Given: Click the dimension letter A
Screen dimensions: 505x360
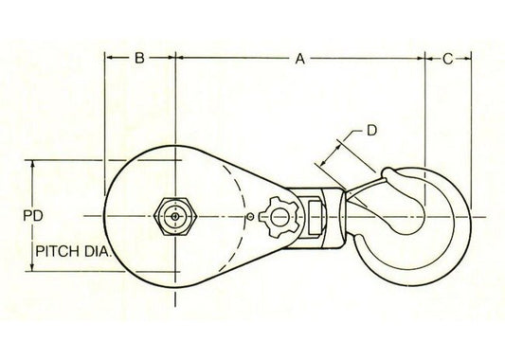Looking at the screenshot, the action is click(x=299, y=59).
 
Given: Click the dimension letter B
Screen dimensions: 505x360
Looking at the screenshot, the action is click(x=139, y=59).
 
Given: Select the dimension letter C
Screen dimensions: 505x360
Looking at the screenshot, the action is click(x=447, y=60).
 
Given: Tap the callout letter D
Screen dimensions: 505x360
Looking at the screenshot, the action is click(x=371, y=131).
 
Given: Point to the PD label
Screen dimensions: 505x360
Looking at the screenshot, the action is click(x=33, y=216).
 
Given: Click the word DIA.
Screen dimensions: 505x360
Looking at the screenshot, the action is click(x=98, y=251).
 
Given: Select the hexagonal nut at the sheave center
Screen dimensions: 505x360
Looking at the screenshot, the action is click(x=175, y=216).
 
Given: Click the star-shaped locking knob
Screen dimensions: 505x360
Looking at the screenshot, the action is click(x=279, y=217).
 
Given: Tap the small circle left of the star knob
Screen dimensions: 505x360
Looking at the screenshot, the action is click(x=250, y=217).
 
